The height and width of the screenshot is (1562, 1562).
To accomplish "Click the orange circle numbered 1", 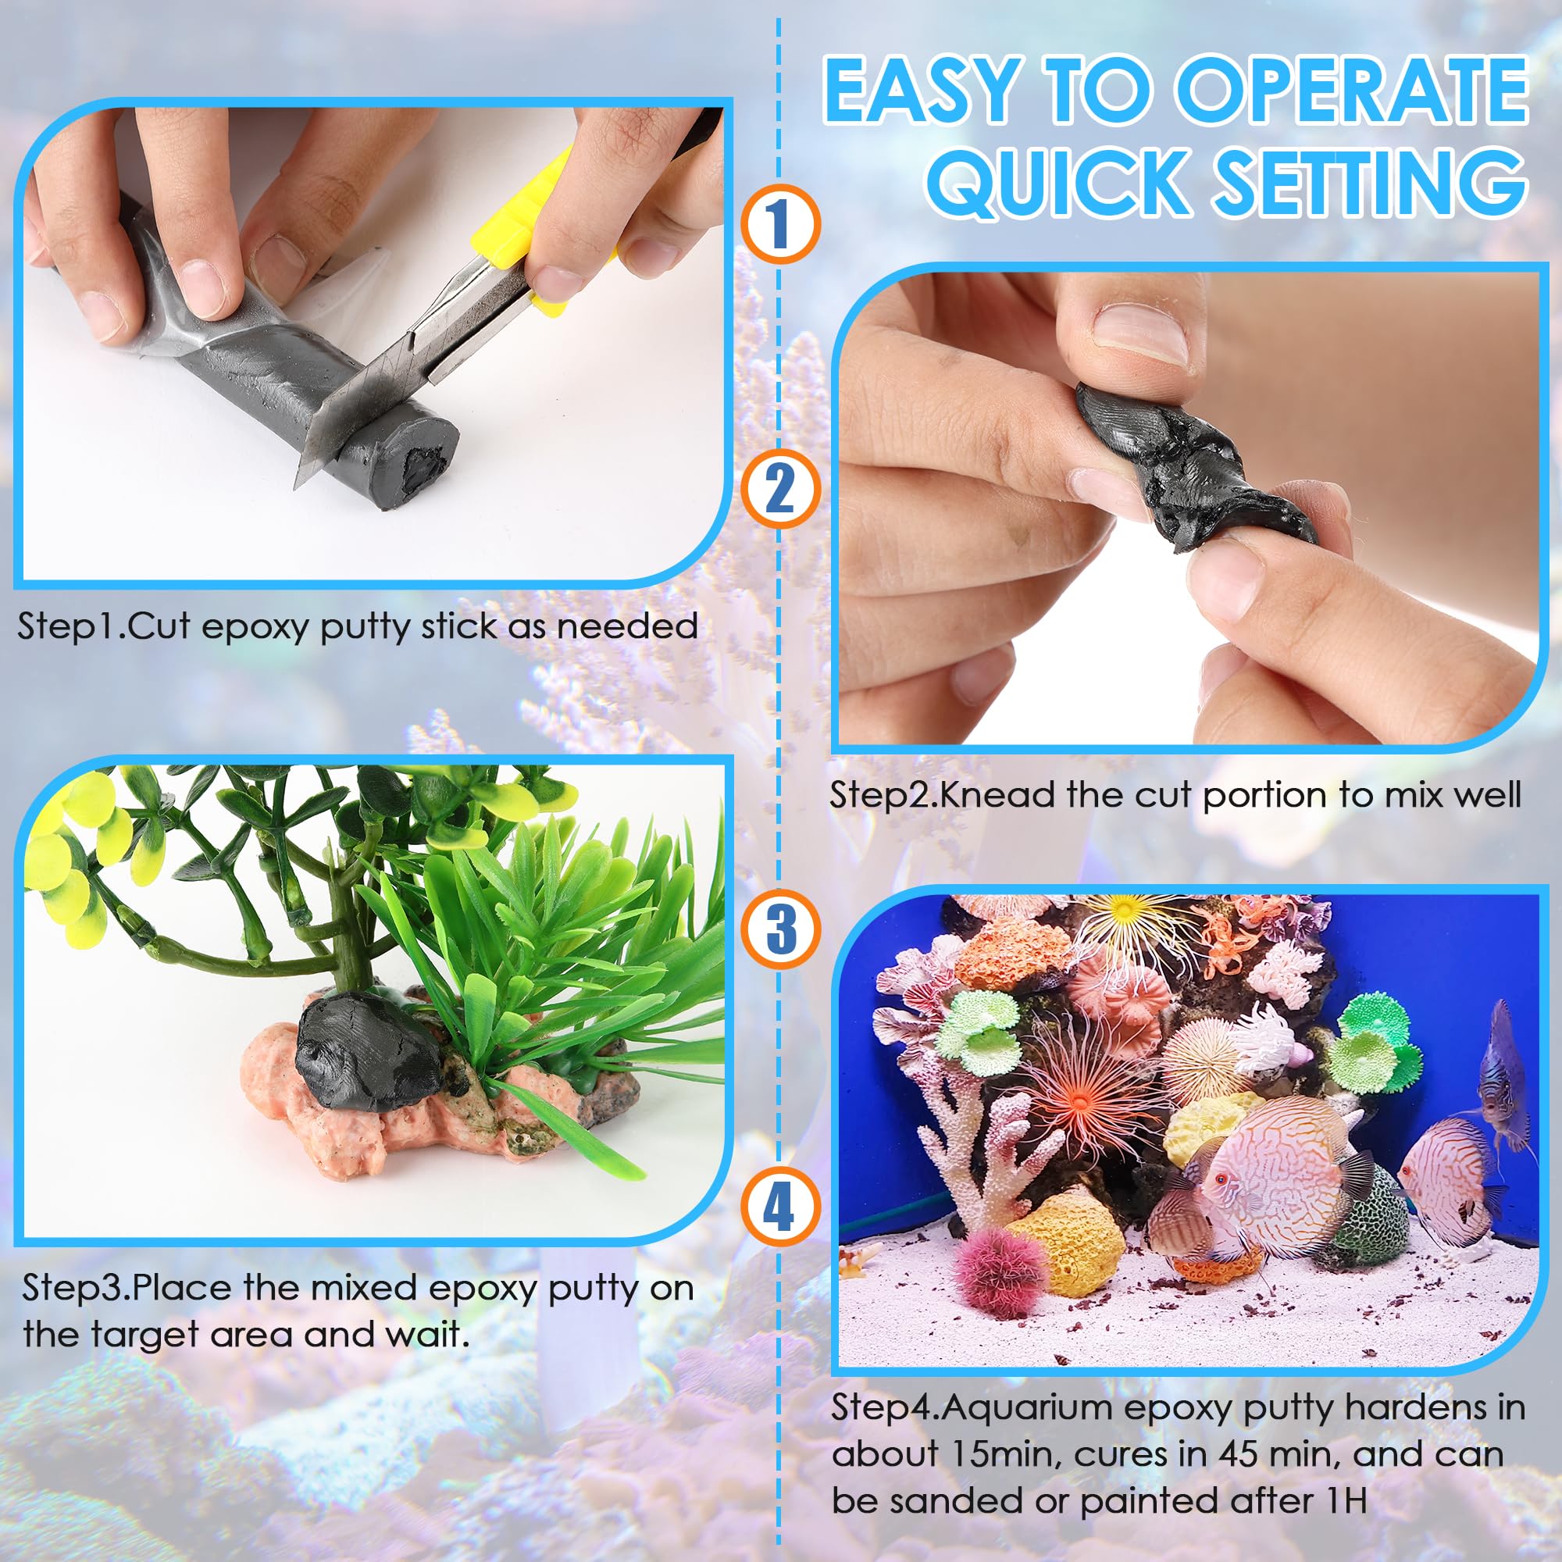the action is pos(780,223).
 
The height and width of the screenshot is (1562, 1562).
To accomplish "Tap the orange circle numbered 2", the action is pos(780,489).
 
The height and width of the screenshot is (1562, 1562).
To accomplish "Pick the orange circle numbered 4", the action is pos(780,1209).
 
